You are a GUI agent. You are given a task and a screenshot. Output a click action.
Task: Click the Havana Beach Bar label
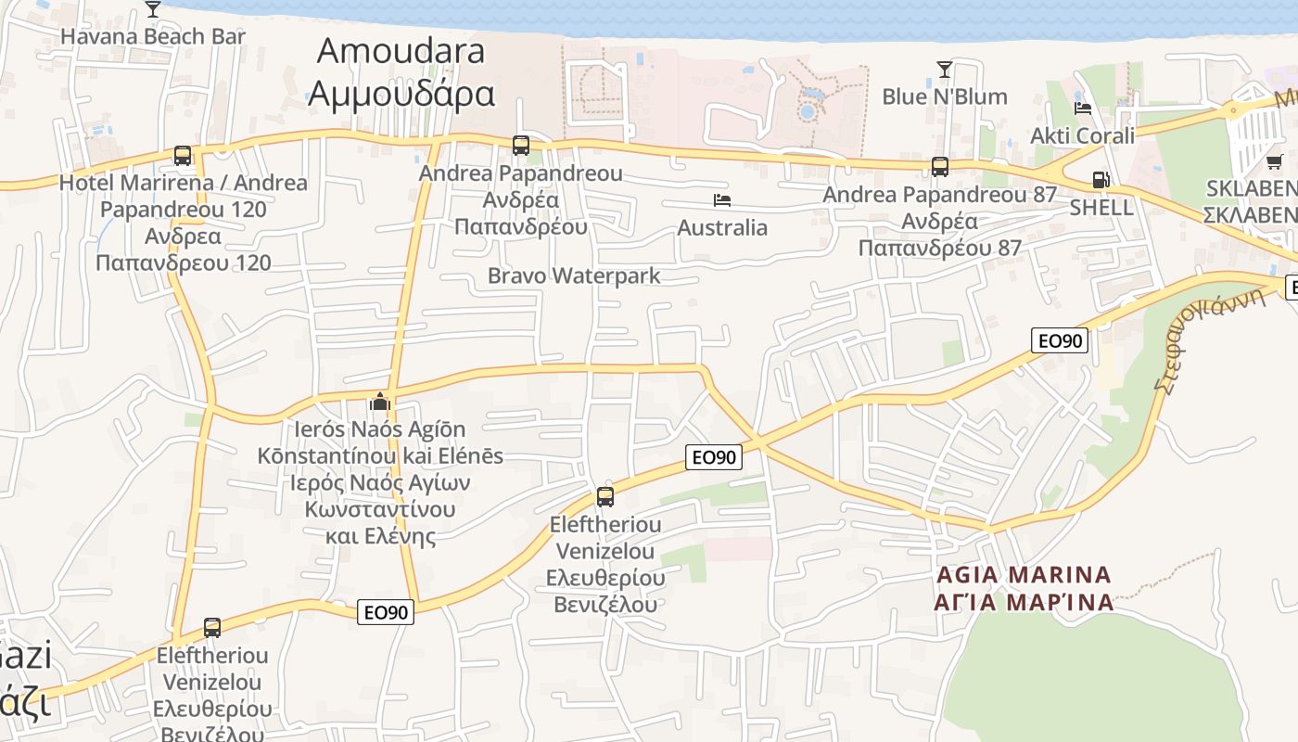[153, 37]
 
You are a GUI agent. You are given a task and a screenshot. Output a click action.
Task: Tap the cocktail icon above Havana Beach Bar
[153, 9]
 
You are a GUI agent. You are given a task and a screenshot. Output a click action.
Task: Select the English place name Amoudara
[401, 50]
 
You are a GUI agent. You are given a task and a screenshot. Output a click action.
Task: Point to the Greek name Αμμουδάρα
[401, 93]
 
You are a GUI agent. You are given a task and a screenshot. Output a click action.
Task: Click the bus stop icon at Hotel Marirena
[183, 156]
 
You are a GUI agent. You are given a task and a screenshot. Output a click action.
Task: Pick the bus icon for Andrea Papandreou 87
[940, 167]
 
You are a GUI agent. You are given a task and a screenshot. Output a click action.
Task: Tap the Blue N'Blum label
[944, 96]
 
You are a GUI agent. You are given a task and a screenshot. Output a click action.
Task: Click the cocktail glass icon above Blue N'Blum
[944, 70]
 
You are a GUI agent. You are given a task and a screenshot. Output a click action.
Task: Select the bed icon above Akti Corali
[1082, 109]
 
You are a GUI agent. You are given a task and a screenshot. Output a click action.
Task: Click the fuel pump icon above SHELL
[1101, 180]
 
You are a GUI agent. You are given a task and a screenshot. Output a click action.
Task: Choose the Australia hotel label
[722, 227]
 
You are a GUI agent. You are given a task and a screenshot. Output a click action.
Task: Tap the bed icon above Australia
[722, 200]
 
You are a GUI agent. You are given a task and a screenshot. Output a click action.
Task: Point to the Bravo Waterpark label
[574, 275]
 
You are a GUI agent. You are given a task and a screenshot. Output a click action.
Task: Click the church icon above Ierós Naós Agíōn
[379, 403]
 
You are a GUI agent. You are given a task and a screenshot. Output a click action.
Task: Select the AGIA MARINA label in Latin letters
[1024, 575]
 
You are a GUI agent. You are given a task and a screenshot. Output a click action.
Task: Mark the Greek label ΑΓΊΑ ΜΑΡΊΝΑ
[1024, 602]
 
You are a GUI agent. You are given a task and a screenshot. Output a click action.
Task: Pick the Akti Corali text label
[1082, 136]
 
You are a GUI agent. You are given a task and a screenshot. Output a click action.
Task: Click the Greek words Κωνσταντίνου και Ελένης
[380, 522]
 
